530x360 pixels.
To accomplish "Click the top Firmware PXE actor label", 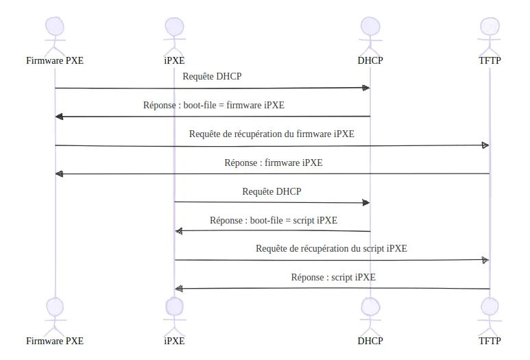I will pyautogui.click(x=55, y=60).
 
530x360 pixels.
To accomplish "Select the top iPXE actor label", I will pyautogui.click(x=174, y=60).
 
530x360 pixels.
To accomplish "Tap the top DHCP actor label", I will pyautogui.click(x=370, y=60).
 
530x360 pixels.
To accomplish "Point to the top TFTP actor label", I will pyautogui.click(x=490, y=60).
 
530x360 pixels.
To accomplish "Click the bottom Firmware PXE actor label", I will pyautogui.click(x=55, y=340).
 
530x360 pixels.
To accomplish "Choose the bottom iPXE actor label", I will pyautogui.click(x=174, y=340).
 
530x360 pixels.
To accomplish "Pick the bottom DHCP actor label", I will pyautogui.click(x=370, y=340).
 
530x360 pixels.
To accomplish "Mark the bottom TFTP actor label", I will pyautogui.click(x=490, y=340).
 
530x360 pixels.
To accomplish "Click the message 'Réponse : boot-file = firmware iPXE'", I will pyautogui.click(x=213, y=106).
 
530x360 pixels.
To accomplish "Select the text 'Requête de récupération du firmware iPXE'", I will pyautogui.click(x=272, y=134).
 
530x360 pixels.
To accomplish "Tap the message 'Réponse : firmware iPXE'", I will pyautogui.click(x=273, y=163).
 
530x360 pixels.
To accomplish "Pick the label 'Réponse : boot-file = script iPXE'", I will pyautogui.click(x=273, y=221).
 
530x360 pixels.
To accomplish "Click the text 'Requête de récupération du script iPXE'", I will pyautogui.click(x=331, y=249).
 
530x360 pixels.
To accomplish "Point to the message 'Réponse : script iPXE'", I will pyautogui.click(x=333, y=278).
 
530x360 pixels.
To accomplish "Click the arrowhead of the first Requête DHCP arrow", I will pyautogui.click(x=367, y=88).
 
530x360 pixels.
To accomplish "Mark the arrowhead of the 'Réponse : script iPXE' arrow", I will pyautogui.click(x=179, y=289).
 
